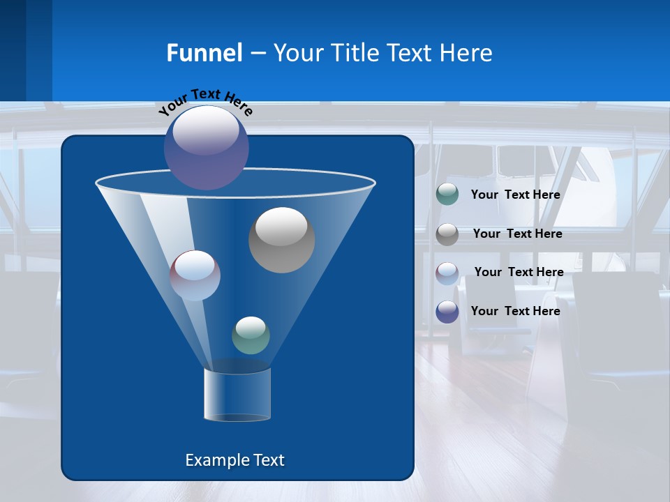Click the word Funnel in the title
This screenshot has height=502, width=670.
204,53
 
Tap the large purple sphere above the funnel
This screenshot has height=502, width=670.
207,147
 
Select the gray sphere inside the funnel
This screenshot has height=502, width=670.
281,240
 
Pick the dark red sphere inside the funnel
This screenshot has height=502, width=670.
195,275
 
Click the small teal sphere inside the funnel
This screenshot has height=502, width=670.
251,335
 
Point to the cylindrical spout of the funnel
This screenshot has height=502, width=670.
237,395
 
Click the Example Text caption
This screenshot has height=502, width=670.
235,460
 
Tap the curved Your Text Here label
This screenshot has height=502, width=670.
205,101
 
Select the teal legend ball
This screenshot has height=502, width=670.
447,195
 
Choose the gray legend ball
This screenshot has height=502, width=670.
447,234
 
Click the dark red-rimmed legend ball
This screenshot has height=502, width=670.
447,273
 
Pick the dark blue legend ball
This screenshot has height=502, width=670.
447,312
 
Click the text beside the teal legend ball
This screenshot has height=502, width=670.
515,195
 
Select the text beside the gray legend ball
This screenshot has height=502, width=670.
517,234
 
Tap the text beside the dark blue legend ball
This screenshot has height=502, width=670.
515,311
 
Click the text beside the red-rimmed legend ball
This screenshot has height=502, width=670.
519,272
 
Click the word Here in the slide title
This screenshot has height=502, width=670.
467,53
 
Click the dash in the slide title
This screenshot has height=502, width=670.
258,53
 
